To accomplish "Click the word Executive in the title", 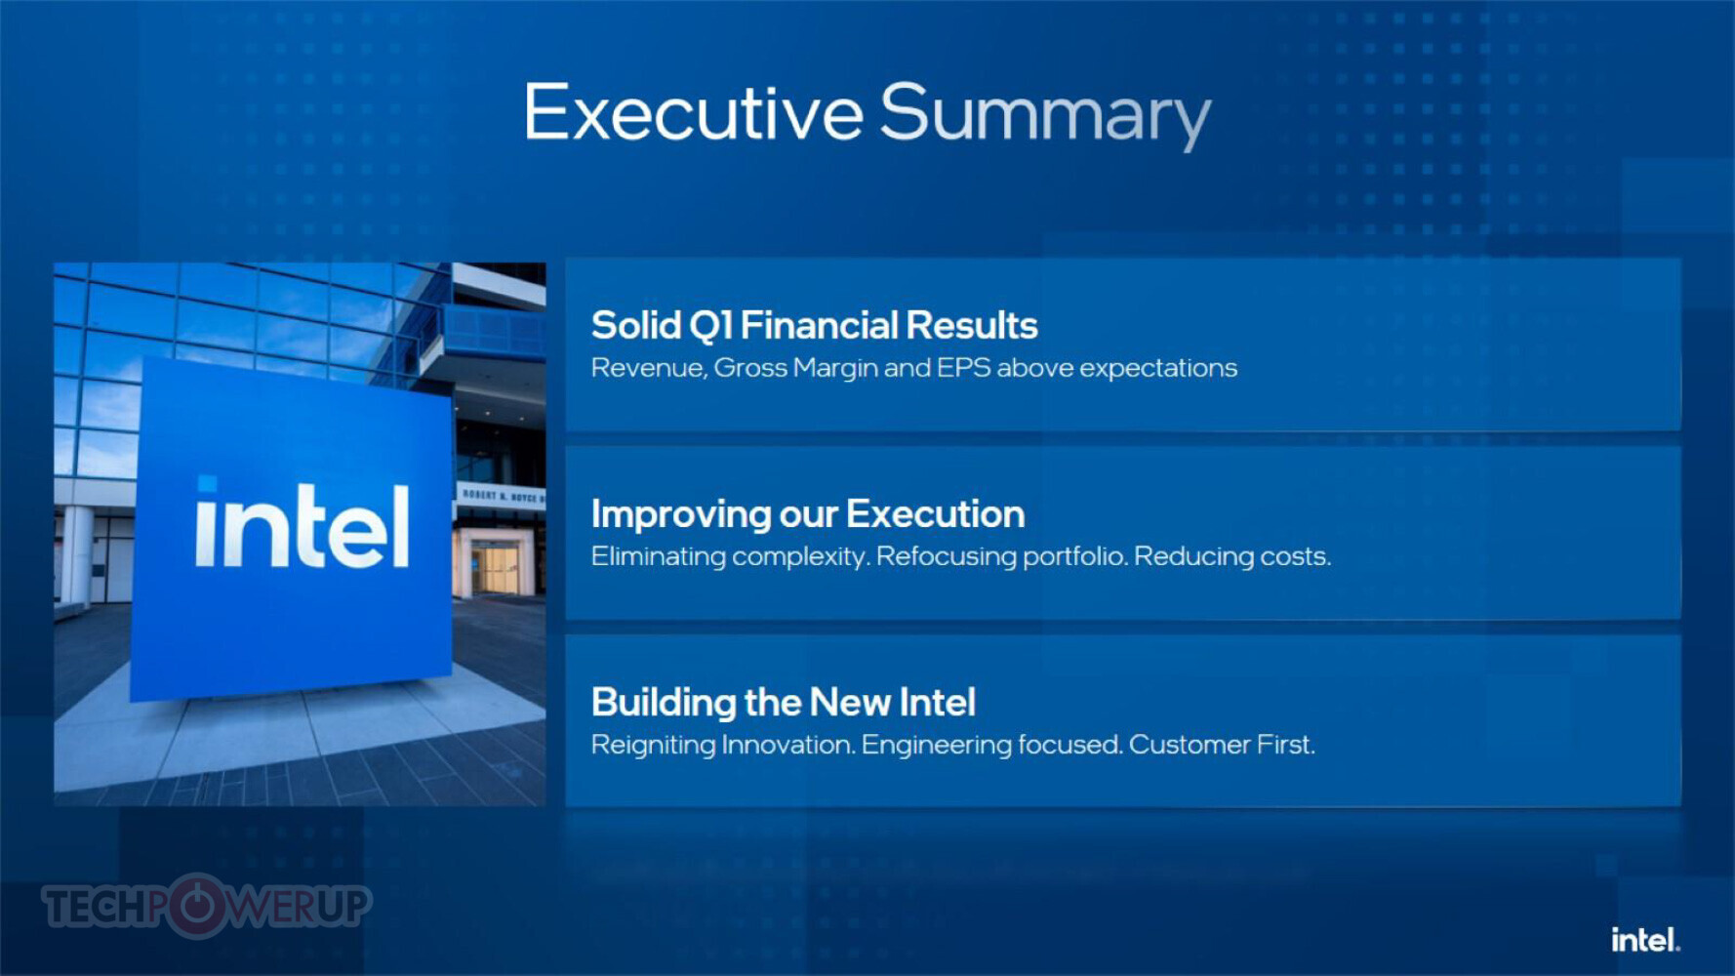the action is pyautogui.click(x=694, y=112).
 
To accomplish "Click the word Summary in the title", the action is pyautogui.click(x=1045, y=115).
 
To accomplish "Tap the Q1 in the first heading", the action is pyautogui.click(x=710, y=326).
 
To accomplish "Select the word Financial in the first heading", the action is pyautogui.click(x=819, y=325).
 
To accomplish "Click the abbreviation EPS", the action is pyautogui.click(x=963, y=367).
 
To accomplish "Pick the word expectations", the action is pyautogui.click(x=1158, y=369).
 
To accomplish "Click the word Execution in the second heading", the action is pyautogui.click(x=935, y=513).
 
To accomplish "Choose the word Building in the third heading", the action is pyautogui.click(x=664, y=703).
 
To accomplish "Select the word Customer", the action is pyautogui.click(x=1189, y=745).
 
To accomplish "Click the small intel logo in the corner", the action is pyautogui.click(x=1645, y=940).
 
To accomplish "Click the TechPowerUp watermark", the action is pyautogui.click(x=207, y=906).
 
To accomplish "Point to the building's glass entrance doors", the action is pyautogui.click(x=494, y=570).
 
